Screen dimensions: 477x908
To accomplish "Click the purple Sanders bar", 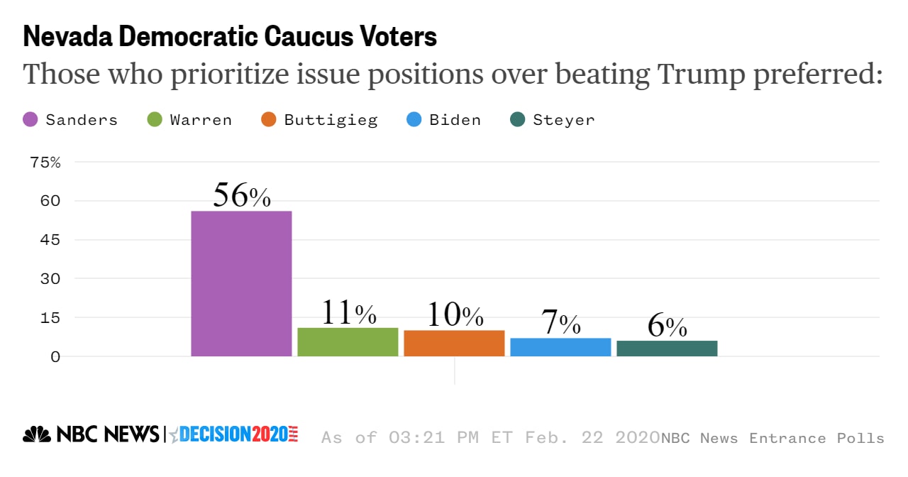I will [x=241, y=283].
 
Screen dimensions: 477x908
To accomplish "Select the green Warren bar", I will [x=348, y=341].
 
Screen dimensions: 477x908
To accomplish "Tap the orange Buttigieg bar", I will [x=454, y=343].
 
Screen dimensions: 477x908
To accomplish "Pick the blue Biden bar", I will [x=560, y=347].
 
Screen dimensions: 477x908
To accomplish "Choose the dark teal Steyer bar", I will [x=667, y=349].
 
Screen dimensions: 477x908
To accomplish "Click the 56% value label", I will [x=242, y=195].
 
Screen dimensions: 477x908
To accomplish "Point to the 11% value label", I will [x=348, y=312].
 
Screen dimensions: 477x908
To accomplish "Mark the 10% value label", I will [x=455, y=315].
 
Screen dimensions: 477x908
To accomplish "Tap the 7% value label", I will [x=561, y=323].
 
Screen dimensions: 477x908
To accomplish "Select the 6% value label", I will [x=667, y=326].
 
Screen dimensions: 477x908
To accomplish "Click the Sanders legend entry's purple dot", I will [x=31, y=120].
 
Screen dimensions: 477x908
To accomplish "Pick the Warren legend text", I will [x=201, y=120].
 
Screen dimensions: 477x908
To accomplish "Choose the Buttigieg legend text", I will [x=331, y=120].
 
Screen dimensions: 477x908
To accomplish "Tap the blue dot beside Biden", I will [x=414, y=120].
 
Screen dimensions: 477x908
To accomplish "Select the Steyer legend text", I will [x=564, y=120].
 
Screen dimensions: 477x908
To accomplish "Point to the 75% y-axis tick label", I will [x=45, y=163].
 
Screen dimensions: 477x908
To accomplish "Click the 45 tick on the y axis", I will [x=50, y=240].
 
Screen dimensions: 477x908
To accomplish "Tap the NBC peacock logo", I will [x=37, y=434].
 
